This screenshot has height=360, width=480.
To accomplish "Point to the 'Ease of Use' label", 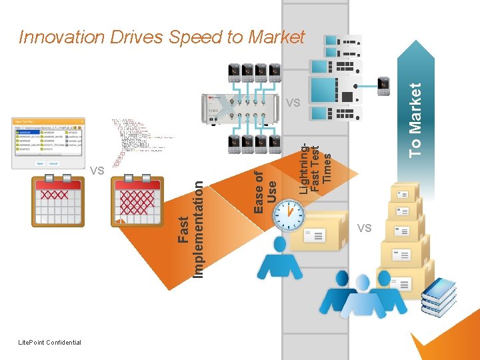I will [x=265, y=191].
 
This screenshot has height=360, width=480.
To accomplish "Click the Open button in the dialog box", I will [x=39, y=163].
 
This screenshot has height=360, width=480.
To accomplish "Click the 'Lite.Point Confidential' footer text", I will [x=51, y=343].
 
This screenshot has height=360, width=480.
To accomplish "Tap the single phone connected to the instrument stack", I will [x=383, y=86].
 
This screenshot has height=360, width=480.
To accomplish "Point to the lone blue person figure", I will [x=279, y=259].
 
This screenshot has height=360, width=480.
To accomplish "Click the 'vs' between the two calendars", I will [x=97, y=171].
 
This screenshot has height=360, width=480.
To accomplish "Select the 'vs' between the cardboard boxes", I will [x=364, y=228].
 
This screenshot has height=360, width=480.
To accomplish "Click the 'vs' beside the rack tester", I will [x=292, y=103].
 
